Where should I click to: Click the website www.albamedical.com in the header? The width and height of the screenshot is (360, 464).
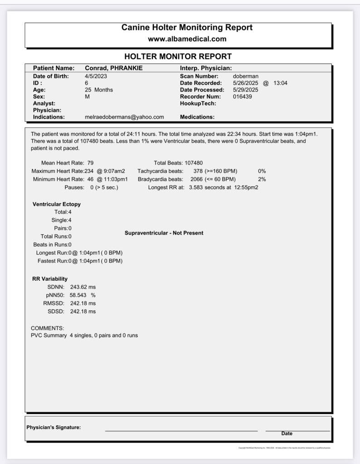tap(187, 39)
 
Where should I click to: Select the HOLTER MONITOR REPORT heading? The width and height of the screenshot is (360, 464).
tap(178, 57)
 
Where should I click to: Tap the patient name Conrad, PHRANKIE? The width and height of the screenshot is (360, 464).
tap(114, 68)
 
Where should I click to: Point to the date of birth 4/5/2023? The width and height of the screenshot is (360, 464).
tap(96, 76)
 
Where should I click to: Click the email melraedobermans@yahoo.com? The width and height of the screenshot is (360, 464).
tap(124, 117)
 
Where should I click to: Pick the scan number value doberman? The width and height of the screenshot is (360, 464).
tap(245, 76)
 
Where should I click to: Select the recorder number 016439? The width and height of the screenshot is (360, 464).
tap(242, 97)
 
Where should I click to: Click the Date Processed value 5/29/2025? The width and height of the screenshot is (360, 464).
tap(245, 90)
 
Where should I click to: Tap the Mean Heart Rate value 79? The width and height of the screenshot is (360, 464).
tap(90, 163)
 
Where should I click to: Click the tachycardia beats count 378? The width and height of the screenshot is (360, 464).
tap(198, 171)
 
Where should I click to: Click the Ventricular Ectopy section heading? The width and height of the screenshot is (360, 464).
tap(57, 204)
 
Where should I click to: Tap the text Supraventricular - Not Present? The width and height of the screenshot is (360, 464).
tap(164, 233)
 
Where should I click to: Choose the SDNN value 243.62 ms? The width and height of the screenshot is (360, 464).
tap(83, 287)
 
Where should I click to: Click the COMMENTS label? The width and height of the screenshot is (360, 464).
tap(47, 328)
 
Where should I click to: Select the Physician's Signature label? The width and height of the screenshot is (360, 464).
tap(54, 427)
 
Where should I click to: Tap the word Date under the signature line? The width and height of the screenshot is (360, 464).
tap(287, 434)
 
